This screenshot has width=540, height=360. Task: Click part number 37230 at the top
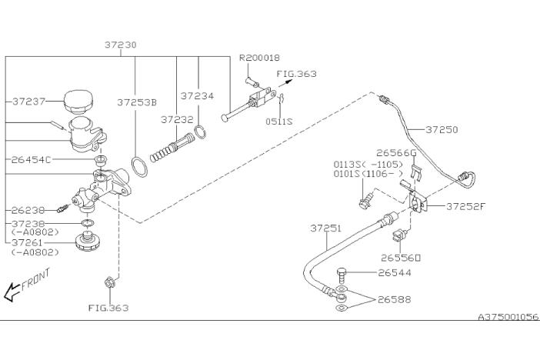click(121, 45)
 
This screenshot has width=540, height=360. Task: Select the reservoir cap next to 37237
click(78, 100)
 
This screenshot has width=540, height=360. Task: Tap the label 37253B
click(137, 102)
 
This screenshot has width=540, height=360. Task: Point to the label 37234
click(197, 96)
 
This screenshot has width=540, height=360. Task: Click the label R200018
click(259, 58)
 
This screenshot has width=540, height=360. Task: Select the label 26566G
click(398, 152)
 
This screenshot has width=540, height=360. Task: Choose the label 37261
click(32, 242)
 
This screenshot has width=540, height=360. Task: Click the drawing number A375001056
click(508, 316)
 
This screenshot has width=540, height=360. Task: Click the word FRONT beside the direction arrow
click(35, 279)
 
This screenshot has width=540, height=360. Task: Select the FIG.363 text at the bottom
click(108, 308)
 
